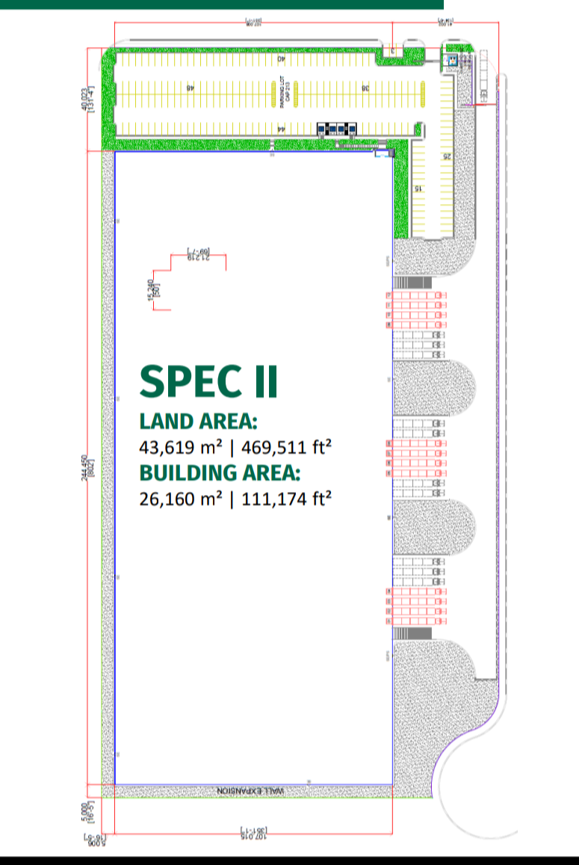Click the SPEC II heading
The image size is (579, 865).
pos(208,381)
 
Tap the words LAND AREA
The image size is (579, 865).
pos(198,422)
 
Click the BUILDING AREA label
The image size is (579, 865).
pos(220,472)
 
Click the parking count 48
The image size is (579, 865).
pos(191,87)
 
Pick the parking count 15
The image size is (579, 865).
pos(418,189)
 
